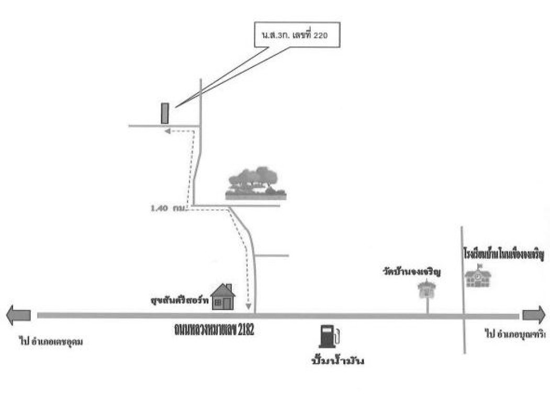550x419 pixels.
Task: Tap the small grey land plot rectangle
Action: pos(164,113)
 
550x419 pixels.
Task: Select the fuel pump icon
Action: pos(328,336)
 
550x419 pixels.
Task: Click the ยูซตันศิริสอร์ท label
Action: pos(178,301)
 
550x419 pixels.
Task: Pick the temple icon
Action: pos(428,289)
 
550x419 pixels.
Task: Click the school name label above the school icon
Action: pos(503,255)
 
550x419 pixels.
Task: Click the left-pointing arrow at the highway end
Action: pos(18,315)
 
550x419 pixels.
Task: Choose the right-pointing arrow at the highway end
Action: pos(534,315)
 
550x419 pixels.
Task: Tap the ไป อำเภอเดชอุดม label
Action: pos(51,342)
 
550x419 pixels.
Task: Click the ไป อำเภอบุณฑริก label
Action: pos(515,333)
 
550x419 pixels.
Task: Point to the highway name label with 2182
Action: pos(214,329)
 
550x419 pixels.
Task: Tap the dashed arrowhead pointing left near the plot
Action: pos(168,132)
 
